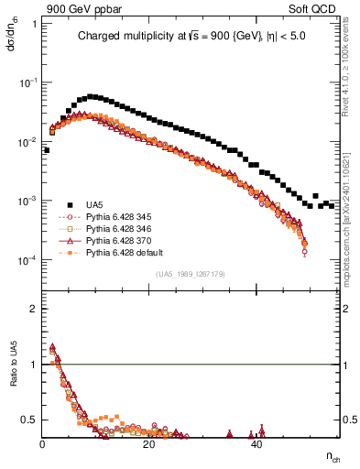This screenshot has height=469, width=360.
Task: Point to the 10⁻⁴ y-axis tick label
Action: click(27, 260)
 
